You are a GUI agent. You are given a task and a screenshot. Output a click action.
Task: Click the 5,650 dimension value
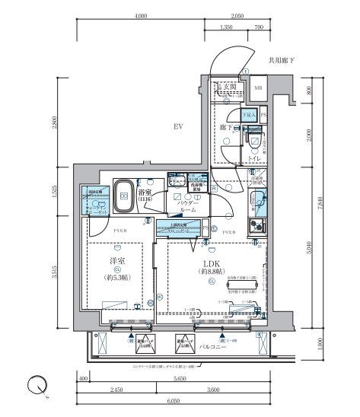coord(180,378)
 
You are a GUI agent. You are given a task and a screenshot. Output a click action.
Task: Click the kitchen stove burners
coord(258,228)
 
